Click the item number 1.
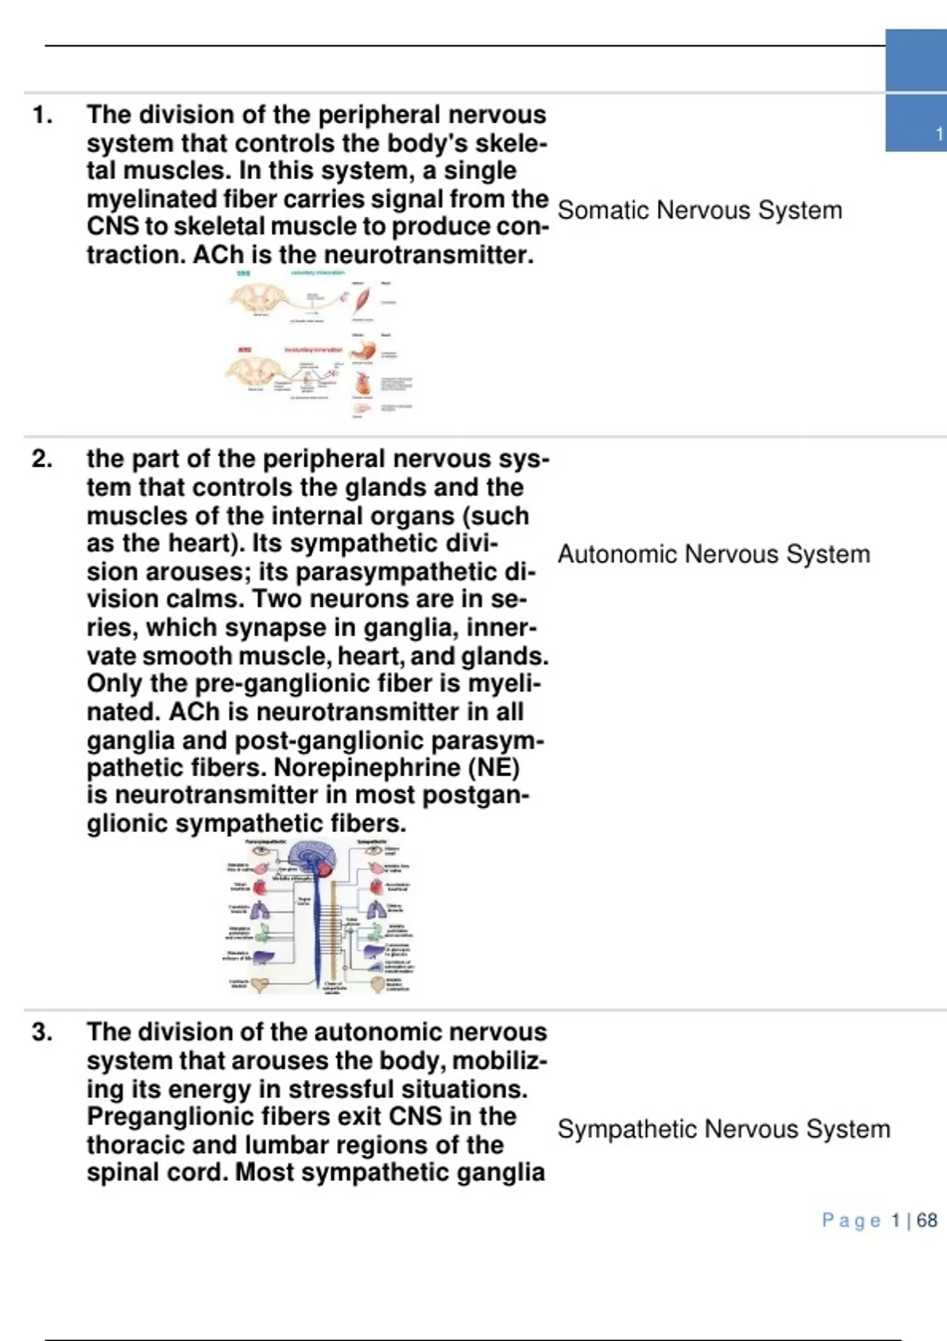pos(42,115)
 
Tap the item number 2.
pos(42,459)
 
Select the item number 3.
pos(42,1033)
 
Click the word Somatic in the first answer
pos(603,211)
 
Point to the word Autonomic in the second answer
pos(617,555)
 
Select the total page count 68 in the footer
pos(927,1220)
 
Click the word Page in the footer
pos(852,1220)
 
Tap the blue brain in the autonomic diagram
pos(314,857)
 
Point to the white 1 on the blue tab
pos(938,134)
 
